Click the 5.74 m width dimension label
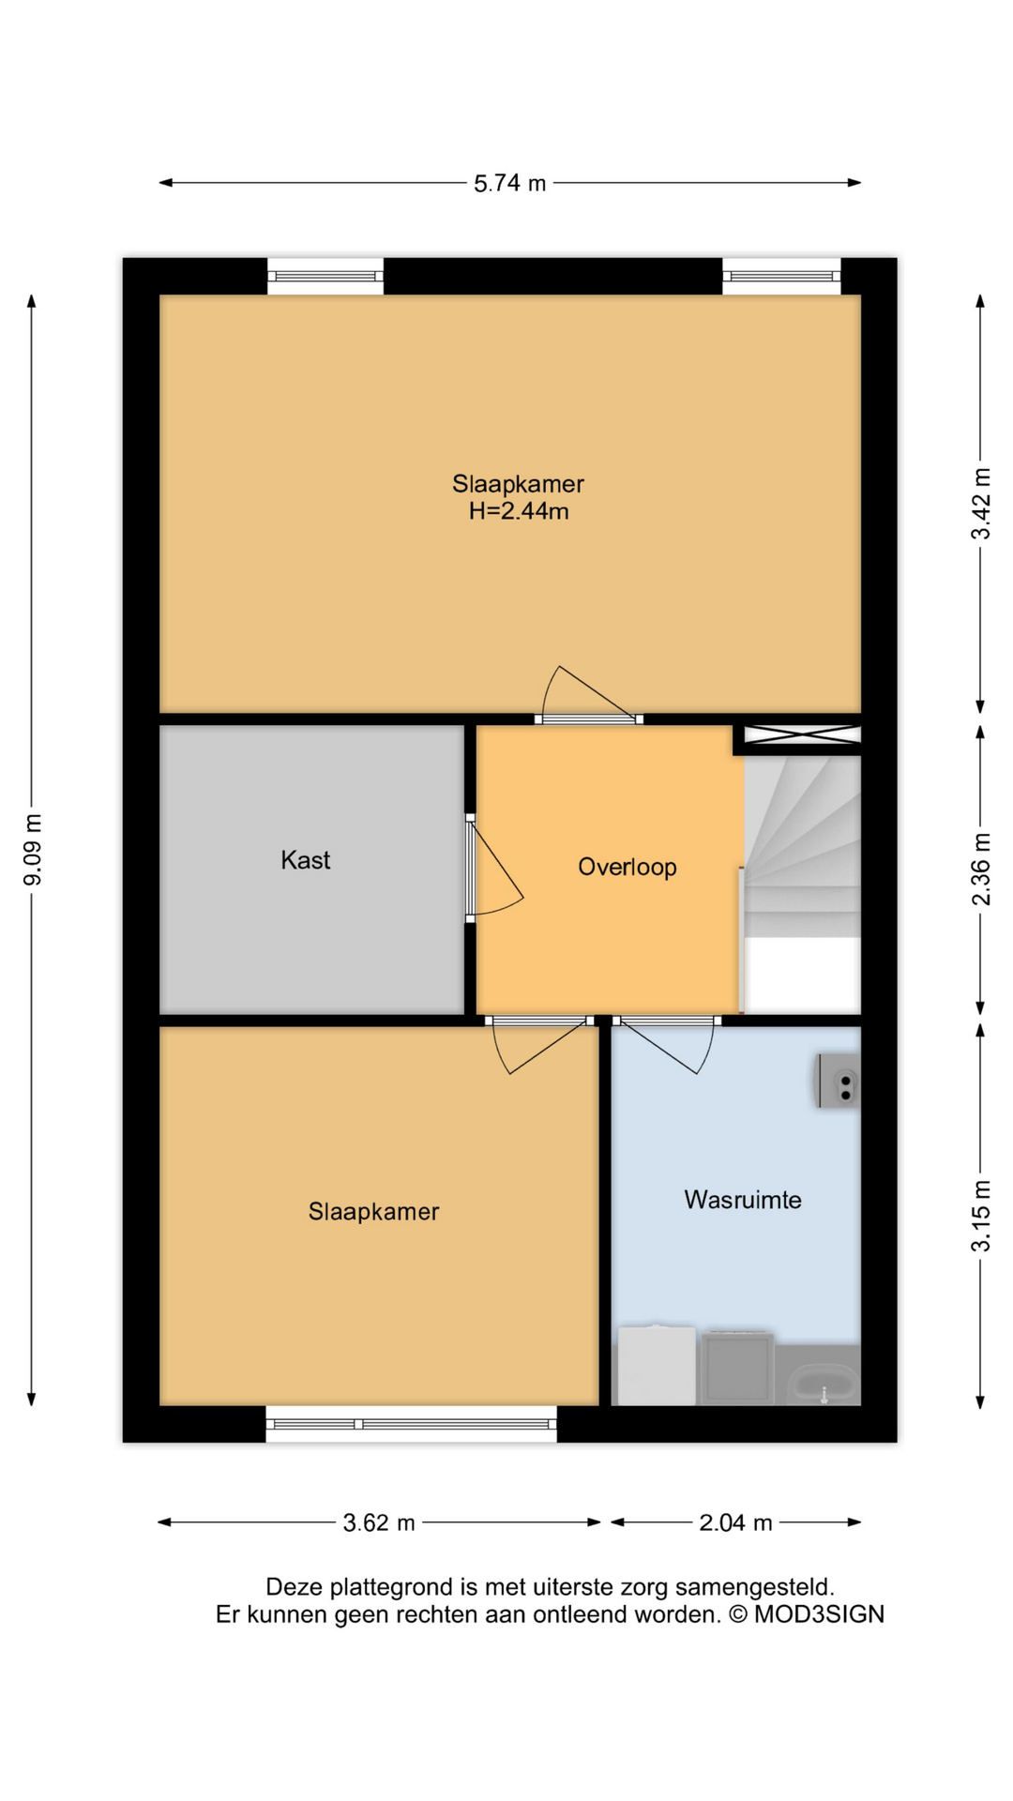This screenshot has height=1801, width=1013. click(509, 183)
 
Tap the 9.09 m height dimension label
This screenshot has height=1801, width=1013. click(33, 849)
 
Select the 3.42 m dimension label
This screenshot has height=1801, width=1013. click(980, 504)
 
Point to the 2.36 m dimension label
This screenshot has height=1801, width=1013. click(980, 869)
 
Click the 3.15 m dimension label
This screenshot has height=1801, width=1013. click(980, 1216)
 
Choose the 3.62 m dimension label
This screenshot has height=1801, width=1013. click(379, 1522)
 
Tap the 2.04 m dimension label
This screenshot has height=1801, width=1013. click(735, 1522)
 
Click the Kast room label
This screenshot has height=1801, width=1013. click(305, 860)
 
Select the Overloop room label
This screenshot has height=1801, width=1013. click(627, 867)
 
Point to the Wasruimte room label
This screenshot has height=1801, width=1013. click(742, 1200)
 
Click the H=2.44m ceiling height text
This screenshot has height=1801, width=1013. click(519, 511)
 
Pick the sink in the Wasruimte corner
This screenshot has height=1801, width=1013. click(824, 1383)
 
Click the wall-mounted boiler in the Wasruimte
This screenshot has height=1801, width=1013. click(838, 1081)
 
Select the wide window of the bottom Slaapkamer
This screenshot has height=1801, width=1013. click(411, 1424)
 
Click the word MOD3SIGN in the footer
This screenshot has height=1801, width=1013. click(819, 1614)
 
